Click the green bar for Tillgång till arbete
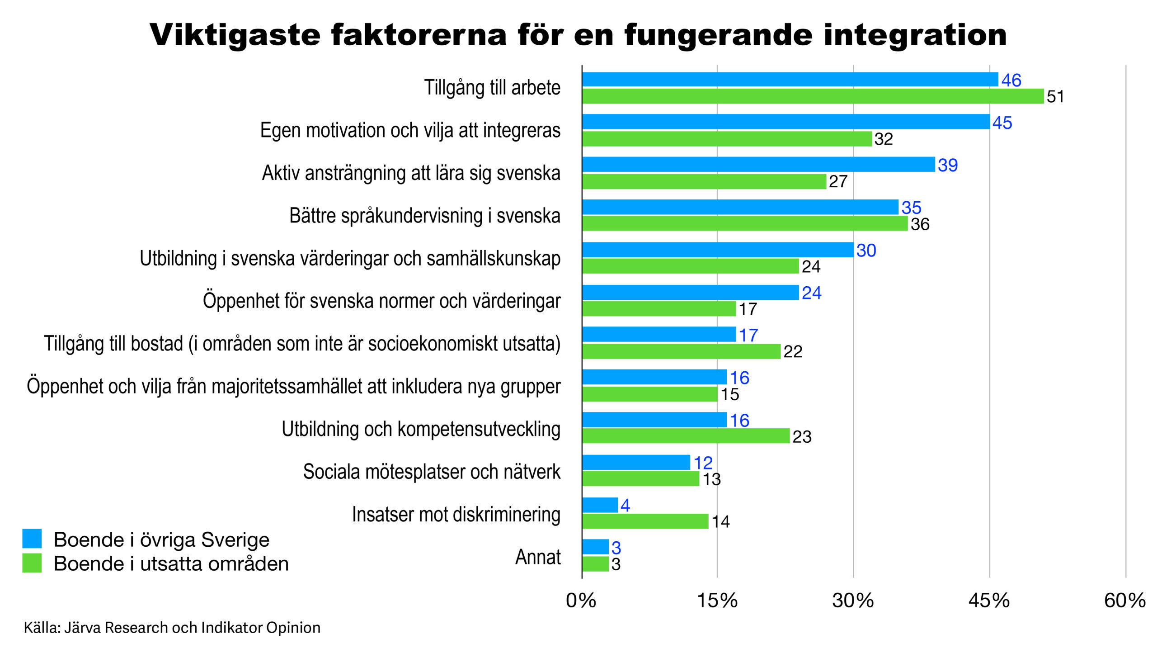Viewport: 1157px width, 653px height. (813, 96)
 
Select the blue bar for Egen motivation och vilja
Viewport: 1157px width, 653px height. (785, 122)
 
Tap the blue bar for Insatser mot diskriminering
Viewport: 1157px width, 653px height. (600, 505)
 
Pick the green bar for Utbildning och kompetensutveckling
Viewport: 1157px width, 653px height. (686, 436)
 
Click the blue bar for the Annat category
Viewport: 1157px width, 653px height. (595, 547)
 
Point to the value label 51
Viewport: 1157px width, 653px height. (1055, 97)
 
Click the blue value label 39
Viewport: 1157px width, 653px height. (947, 165)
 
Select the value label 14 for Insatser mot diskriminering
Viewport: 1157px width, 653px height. (720, 522)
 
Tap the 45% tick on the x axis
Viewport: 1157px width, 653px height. (988, 601)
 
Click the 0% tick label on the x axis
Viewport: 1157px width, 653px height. (581, 601)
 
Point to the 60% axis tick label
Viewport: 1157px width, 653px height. (1124, 601)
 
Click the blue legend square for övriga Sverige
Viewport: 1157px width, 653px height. (32, 539)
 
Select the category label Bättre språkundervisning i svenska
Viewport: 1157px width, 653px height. (424, 216)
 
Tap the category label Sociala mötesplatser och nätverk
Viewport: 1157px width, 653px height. (431, 472)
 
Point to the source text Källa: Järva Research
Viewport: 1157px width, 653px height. (172, 628)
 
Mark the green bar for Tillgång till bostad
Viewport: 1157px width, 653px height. (681, 351)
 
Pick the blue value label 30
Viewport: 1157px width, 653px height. (866, 250)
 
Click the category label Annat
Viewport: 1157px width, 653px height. (537, 557)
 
